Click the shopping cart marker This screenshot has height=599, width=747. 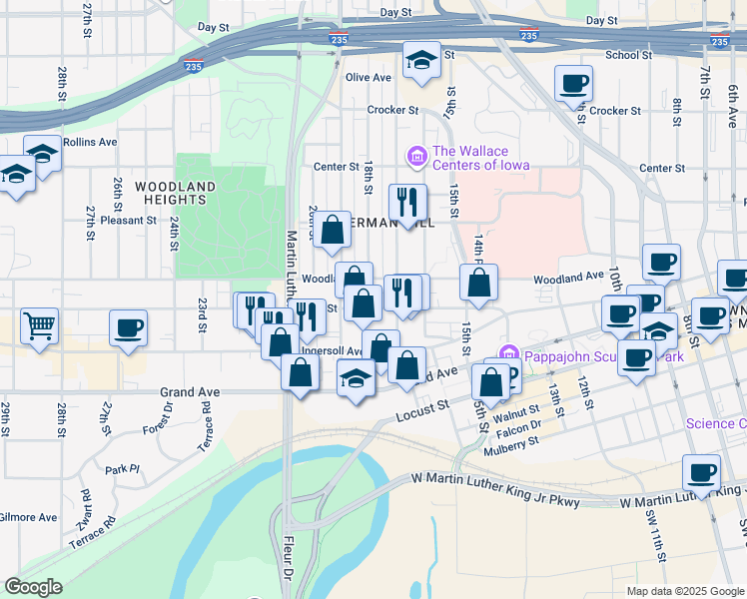39,325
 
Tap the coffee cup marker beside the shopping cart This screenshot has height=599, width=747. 128,327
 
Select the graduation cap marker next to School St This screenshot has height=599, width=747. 421,60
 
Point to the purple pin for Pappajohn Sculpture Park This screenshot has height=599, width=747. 508,354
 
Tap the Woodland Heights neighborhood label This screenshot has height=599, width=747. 176,193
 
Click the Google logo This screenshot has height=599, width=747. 33,587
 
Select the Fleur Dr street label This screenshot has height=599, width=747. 287,564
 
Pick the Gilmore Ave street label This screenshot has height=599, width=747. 29,517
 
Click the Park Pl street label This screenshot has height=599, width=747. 121,468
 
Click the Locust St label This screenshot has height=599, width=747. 418,412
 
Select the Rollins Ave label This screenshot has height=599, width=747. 90,142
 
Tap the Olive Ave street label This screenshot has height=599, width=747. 369,78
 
